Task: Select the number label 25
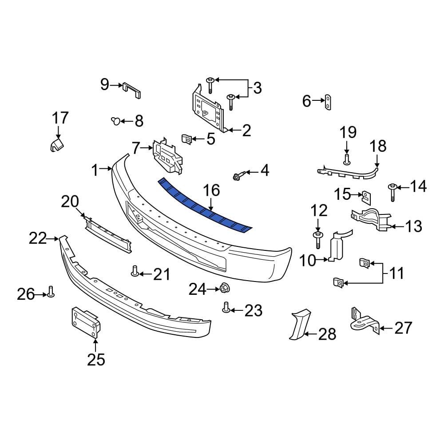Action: (96, 359)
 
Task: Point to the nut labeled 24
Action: (224, 289)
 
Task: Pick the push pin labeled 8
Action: (116, 120)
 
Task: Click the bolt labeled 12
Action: (318, 238)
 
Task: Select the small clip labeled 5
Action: (187, 139)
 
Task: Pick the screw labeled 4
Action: (236, 177)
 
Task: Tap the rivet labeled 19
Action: (347, 158)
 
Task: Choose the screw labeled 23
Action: (226, 307)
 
